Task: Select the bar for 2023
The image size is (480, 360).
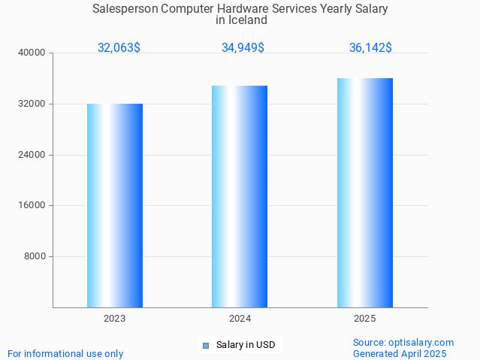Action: tap(115, 205)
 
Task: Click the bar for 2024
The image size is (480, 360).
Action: tap(240, 196)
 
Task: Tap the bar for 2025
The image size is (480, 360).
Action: tap(365, 192)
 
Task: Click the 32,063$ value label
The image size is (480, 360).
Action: tap(119, 48)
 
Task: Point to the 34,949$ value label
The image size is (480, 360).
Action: tap(243, 48)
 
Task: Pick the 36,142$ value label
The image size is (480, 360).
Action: tap(370, 48)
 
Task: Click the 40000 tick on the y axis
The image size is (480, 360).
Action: tap(32, 53)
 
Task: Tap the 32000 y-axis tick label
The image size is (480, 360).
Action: tap(32, 104)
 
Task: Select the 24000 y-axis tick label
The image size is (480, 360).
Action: tap(32, 155)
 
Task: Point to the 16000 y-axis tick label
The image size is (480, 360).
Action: tap(32, 205)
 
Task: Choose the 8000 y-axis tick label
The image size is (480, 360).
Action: tap(35, 256)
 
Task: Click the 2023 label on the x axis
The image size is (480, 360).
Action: tap(115, 319)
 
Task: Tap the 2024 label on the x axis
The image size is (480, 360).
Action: tap(240, 319)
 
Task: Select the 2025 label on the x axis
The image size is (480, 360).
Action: tap(365, 319)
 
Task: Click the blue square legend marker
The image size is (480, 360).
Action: tap(205, 346)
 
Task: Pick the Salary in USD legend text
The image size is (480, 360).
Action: tap(246, 346)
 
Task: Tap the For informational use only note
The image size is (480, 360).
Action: tap(65, 353)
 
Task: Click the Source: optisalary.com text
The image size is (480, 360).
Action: tap(403, 343)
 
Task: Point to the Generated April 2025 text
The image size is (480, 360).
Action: tap(400, 353)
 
